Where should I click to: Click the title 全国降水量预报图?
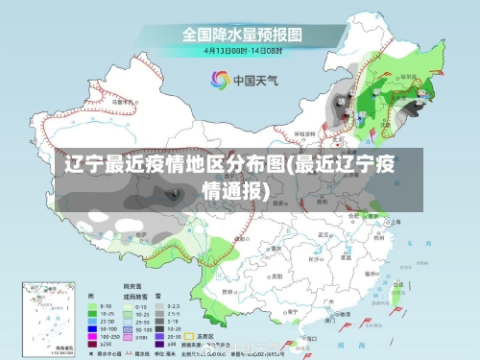click(x=243, y=34)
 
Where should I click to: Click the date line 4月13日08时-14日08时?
click(x=243, y=50)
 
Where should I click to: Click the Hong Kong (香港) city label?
click(x=336, y=308)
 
